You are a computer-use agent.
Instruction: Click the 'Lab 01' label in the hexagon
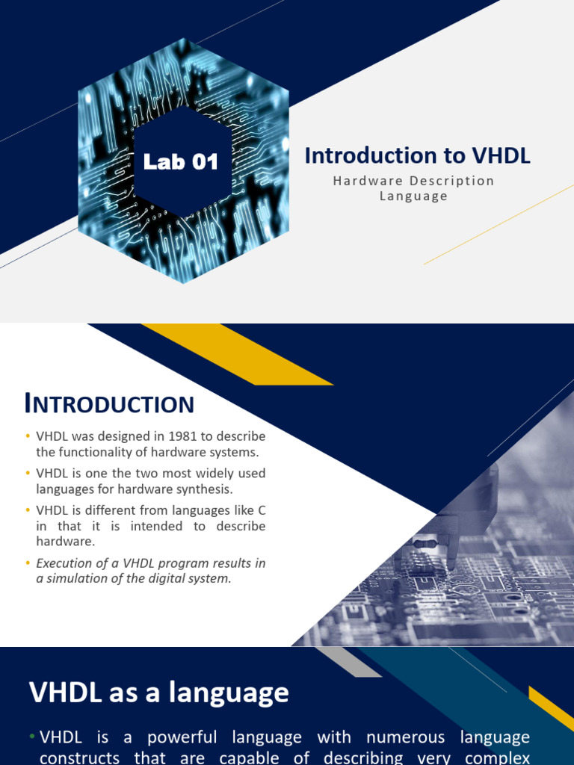181,161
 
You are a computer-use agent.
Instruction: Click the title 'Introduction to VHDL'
418,155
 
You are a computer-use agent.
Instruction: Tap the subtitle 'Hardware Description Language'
413,188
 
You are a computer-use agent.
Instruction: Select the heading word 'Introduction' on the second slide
109,404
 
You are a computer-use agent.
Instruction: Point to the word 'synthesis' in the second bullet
207,489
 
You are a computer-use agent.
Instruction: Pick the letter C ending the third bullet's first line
261,510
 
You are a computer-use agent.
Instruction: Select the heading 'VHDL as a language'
158,693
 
